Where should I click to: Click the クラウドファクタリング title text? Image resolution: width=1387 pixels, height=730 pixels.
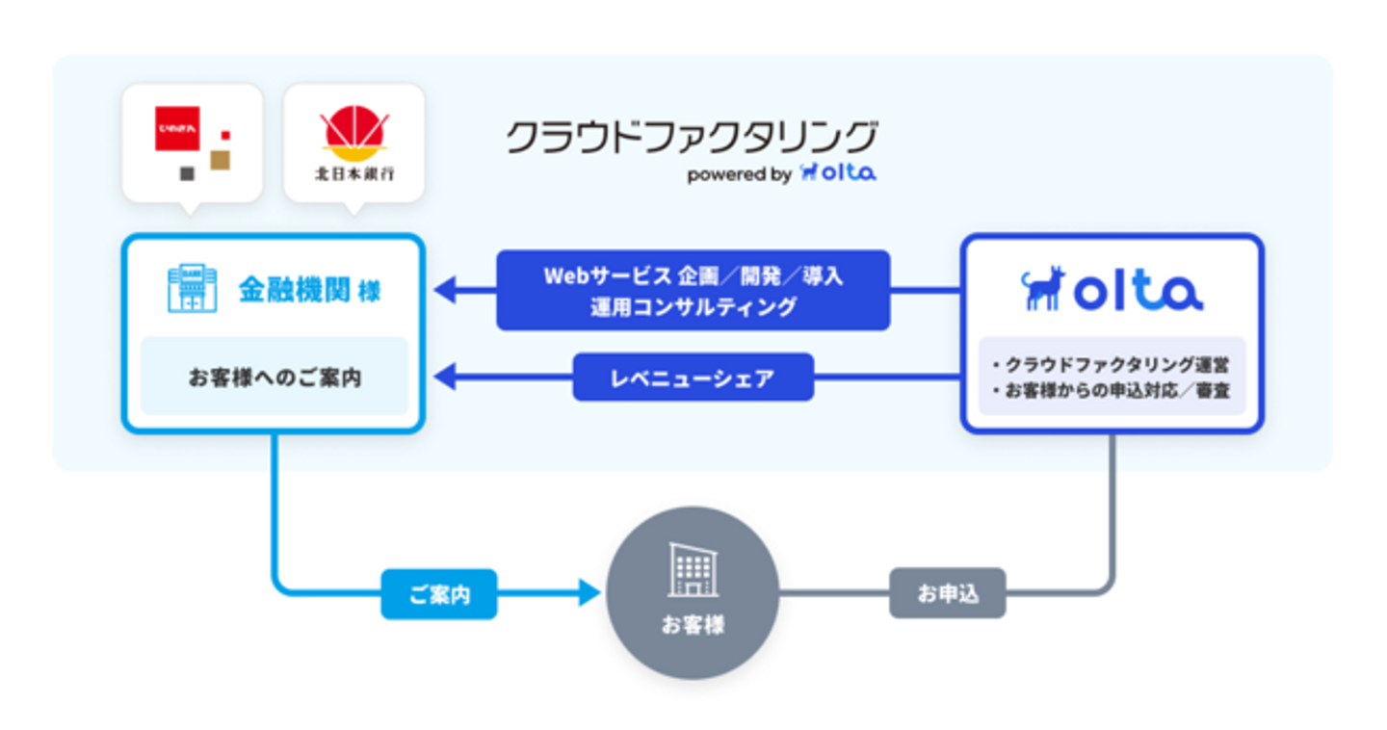[692, 139]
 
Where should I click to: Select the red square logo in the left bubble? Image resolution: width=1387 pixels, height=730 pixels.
[177, 129]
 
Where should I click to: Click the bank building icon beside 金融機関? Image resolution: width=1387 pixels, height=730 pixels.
[193, 289]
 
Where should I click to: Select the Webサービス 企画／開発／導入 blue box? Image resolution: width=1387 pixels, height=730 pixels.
[693, 291]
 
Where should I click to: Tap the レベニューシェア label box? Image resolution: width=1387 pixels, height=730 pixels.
[693, 378]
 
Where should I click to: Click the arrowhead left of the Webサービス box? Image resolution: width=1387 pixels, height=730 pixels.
[446, 289]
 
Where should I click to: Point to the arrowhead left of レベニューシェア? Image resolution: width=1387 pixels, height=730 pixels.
[446, 378]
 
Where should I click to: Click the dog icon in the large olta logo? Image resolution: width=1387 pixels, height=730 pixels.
[1043, 289]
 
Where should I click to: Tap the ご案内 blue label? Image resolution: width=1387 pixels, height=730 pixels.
[439, 594]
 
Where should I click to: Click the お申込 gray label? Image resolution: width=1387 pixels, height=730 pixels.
[948, 594]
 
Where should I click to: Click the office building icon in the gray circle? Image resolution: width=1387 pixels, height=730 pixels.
[693, 570]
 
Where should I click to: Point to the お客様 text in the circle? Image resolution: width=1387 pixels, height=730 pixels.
[693, 625]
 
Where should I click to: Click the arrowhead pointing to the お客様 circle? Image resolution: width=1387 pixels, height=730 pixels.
[589, 593]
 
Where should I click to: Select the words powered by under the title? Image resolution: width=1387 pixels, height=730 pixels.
[739, 175]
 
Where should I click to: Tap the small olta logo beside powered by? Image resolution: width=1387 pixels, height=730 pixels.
[838, 173]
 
